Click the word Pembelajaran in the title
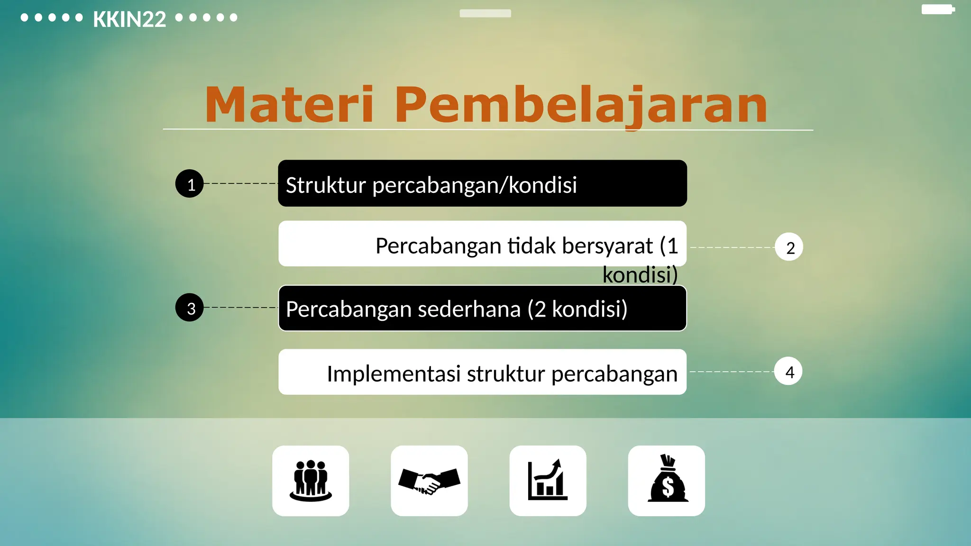[x=580, y=105]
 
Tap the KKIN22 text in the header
[x=129, y=19]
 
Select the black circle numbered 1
[x=190, y=184]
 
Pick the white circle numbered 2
[x=789, y=247]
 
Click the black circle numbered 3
[x=190, y=308]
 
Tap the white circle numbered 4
[x=788, y=372]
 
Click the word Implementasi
[x=394, y=373]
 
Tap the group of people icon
[x=311, y=481]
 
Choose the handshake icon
[x=429, y=481]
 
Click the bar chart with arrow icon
[x=548, y=481]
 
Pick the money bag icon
[x=667, y=480]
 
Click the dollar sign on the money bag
[x=668, y=487]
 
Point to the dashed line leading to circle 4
[x=731, y=372]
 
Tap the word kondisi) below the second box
[x=640, y=275]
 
